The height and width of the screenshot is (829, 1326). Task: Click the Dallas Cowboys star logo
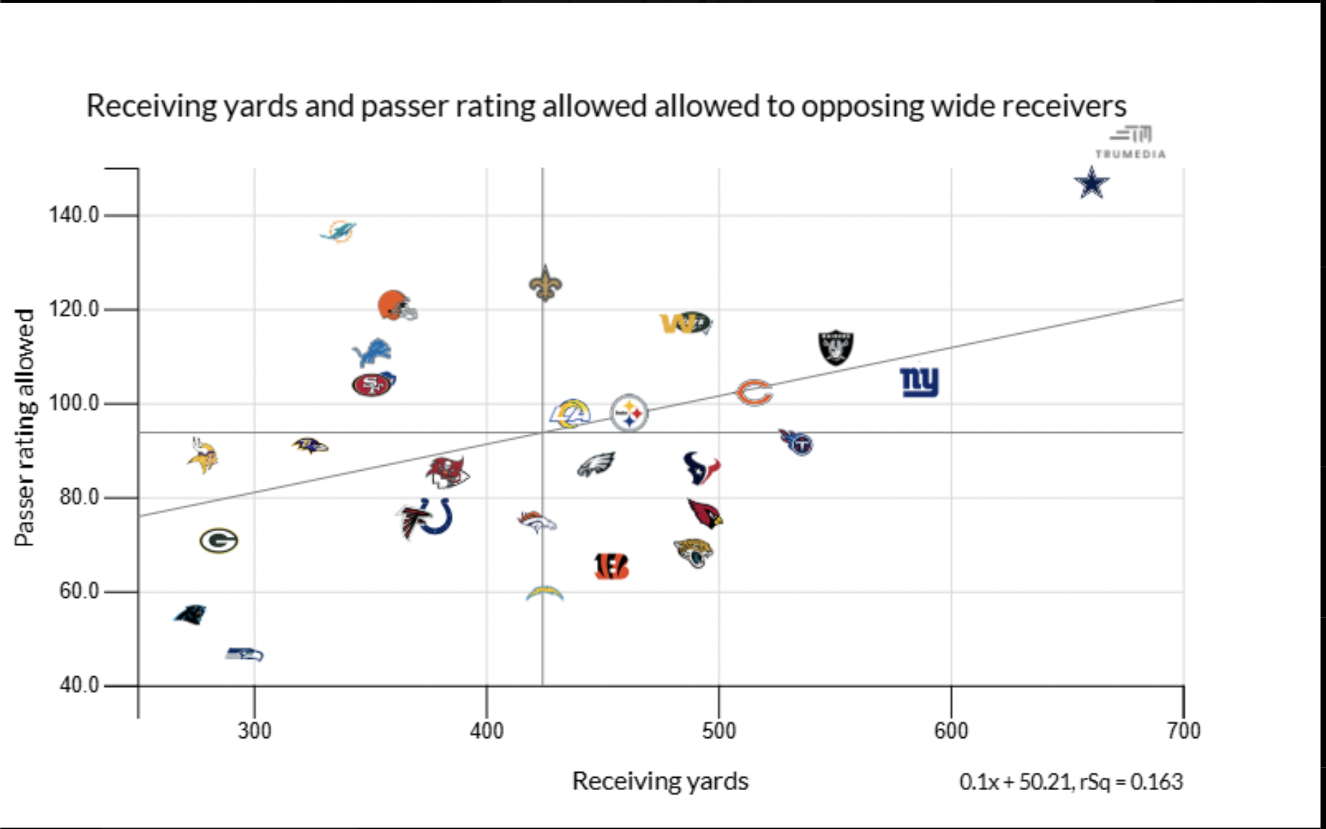(x=1091, y=183)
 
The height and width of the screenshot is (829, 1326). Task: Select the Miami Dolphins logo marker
(x=338, y=232)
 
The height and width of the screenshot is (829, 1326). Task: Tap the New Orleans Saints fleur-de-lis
(x=546, y=283)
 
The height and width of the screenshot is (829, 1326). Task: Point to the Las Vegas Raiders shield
(x=835, y=347)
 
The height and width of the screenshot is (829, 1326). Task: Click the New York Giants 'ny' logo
(x=919, y=381)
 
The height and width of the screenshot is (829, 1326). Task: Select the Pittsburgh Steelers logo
(x=629, y=413)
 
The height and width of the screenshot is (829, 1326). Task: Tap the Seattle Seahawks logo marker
(x=245, y=654)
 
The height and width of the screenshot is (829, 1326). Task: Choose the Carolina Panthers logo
(x=190, y=614)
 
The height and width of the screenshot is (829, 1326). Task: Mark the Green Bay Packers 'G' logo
(x=219, y=540)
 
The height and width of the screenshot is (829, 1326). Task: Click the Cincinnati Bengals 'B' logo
(x=612, y=567)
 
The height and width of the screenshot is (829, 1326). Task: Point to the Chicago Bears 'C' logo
(x=754, y=393)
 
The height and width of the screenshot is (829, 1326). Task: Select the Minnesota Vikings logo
(x=202, y=456)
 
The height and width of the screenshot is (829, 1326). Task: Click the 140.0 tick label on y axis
(x=74, y=215)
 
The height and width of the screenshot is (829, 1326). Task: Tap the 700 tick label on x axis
(x=1184, y=730)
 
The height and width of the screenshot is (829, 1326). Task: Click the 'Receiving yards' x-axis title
(x=660, y=781)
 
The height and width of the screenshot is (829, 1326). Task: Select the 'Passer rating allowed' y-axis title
(x=24, y=427)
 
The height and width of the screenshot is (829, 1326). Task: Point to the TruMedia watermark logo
(x=1131, y=142)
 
